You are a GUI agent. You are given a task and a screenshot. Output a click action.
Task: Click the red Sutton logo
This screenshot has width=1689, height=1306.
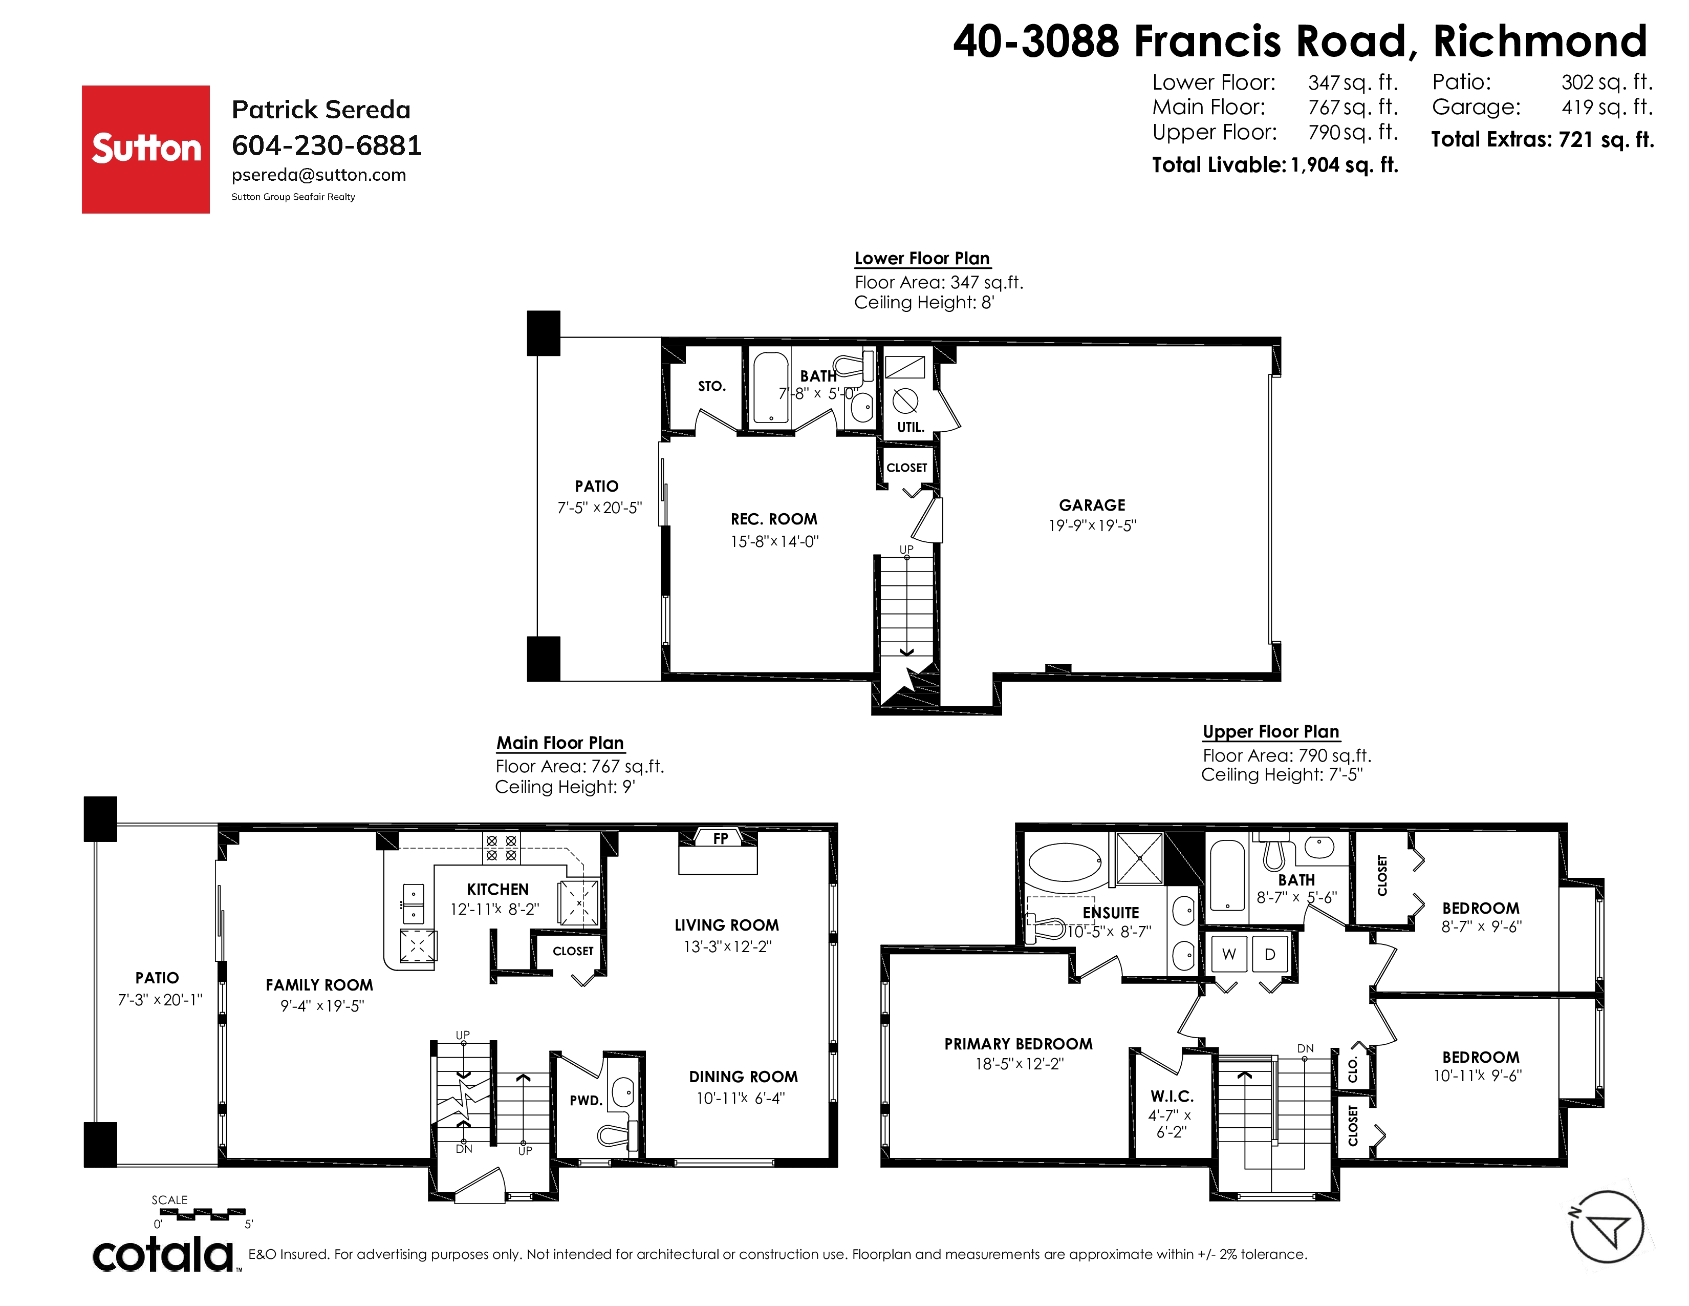tap(145, 150)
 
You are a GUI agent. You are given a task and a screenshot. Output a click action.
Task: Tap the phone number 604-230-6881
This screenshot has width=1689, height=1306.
tap(327, 145)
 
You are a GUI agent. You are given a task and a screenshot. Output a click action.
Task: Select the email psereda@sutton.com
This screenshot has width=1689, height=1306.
tap(319, 175)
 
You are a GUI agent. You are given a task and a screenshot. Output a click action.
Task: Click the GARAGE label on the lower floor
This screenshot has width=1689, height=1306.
tap(1092, 505)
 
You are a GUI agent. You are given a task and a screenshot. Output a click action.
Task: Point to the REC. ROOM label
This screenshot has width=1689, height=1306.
tap(773, 519)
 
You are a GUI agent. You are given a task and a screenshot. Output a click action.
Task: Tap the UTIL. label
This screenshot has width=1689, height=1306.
tap(910, 427)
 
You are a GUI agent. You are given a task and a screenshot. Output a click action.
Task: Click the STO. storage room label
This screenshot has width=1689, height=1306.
tap(711, 386)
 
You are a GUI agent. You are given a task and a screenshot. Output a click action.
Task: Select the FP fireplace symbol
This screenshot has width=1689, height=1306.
tap(720, 838)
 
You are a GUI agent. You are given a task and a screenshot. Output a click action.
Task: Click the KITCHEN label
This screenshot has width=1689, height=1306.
tap(497, 890)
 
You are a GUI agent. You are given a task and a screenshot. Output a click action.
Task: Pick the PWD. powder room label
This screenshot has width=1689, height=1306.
tap(586, 1100)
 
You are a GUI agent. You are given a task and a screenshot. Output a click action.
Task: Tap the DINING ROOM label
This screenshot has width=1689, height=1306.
tap(743, 1077)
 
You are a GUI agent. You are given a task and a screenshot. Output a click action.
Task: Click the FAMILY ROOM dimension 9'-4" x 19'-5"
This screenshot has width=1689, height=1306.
tap(322, 1006)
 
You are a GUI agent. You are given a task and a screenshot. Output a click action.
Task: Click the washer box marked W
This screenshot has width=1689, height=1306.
tap(1229, 954)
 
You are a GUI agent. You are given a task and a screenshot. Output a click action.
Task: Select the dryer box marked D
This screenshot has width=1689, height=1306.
tap(1270, 954)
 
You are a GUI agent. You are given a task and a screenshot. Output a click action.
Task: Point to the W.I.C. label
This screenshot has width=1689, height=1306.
tap(1172, 1097)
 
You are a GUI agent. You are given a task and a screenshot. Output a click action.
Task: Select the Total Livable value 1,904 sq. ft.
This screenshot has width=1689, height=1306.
tap(1344, 165)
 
